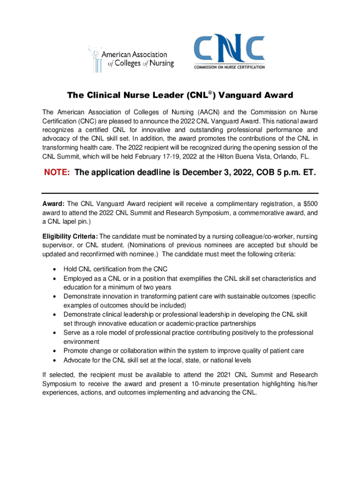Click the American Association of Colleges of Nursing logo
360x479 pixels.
[131, 58]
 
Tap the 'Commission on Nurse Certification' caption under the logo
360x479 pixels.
[230, 67]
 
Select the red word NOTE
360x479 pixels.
[57, 173]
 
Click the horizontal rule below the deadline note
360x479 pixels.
[180, 193]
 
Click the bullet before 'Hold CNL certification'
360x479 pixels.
[56, 269]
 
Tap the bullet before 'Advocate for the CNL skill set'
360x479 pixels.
[56, 361]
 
